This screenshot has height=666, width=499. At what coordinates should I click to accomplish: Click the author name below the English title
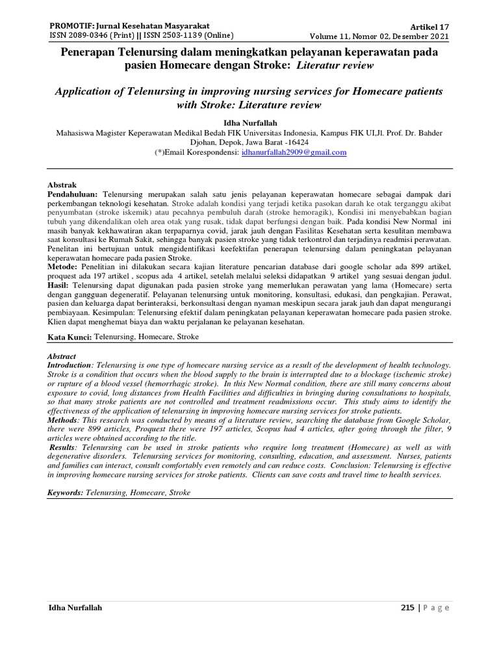(249, 121)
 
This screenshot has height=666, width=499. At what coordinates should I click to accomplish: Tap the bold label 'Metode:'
(64, 266)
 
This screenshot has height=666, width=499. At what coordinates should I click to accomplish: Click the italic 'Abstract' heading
(62, 356)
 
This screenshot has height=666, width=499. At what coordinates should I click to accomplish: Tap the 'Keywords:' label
(66, 493)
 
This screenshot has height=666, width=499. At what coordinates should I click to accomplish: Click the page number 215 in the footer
(406, 608)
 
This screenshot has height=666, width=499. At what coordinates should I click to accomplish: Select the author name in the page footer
(75, 608)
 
